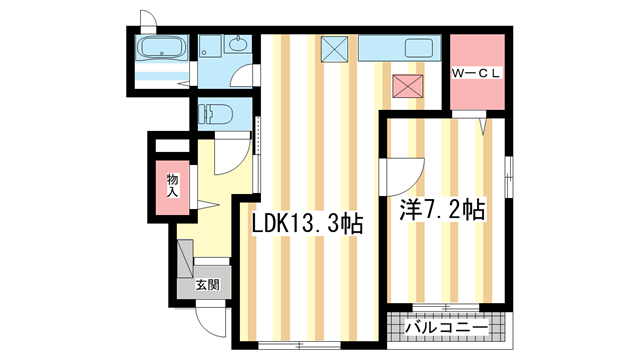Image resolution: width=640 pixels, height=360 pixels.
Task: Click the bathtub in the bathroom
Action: pos(160,47)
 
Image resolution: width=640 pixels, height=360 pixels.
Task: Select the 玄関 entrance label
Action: pos(207,284)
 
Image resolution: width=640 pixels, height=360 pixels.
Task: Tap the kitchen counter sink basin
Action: pos(417,48)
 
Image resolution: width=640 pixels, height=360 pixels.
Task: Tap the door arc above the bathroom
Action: pos(148,18)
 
